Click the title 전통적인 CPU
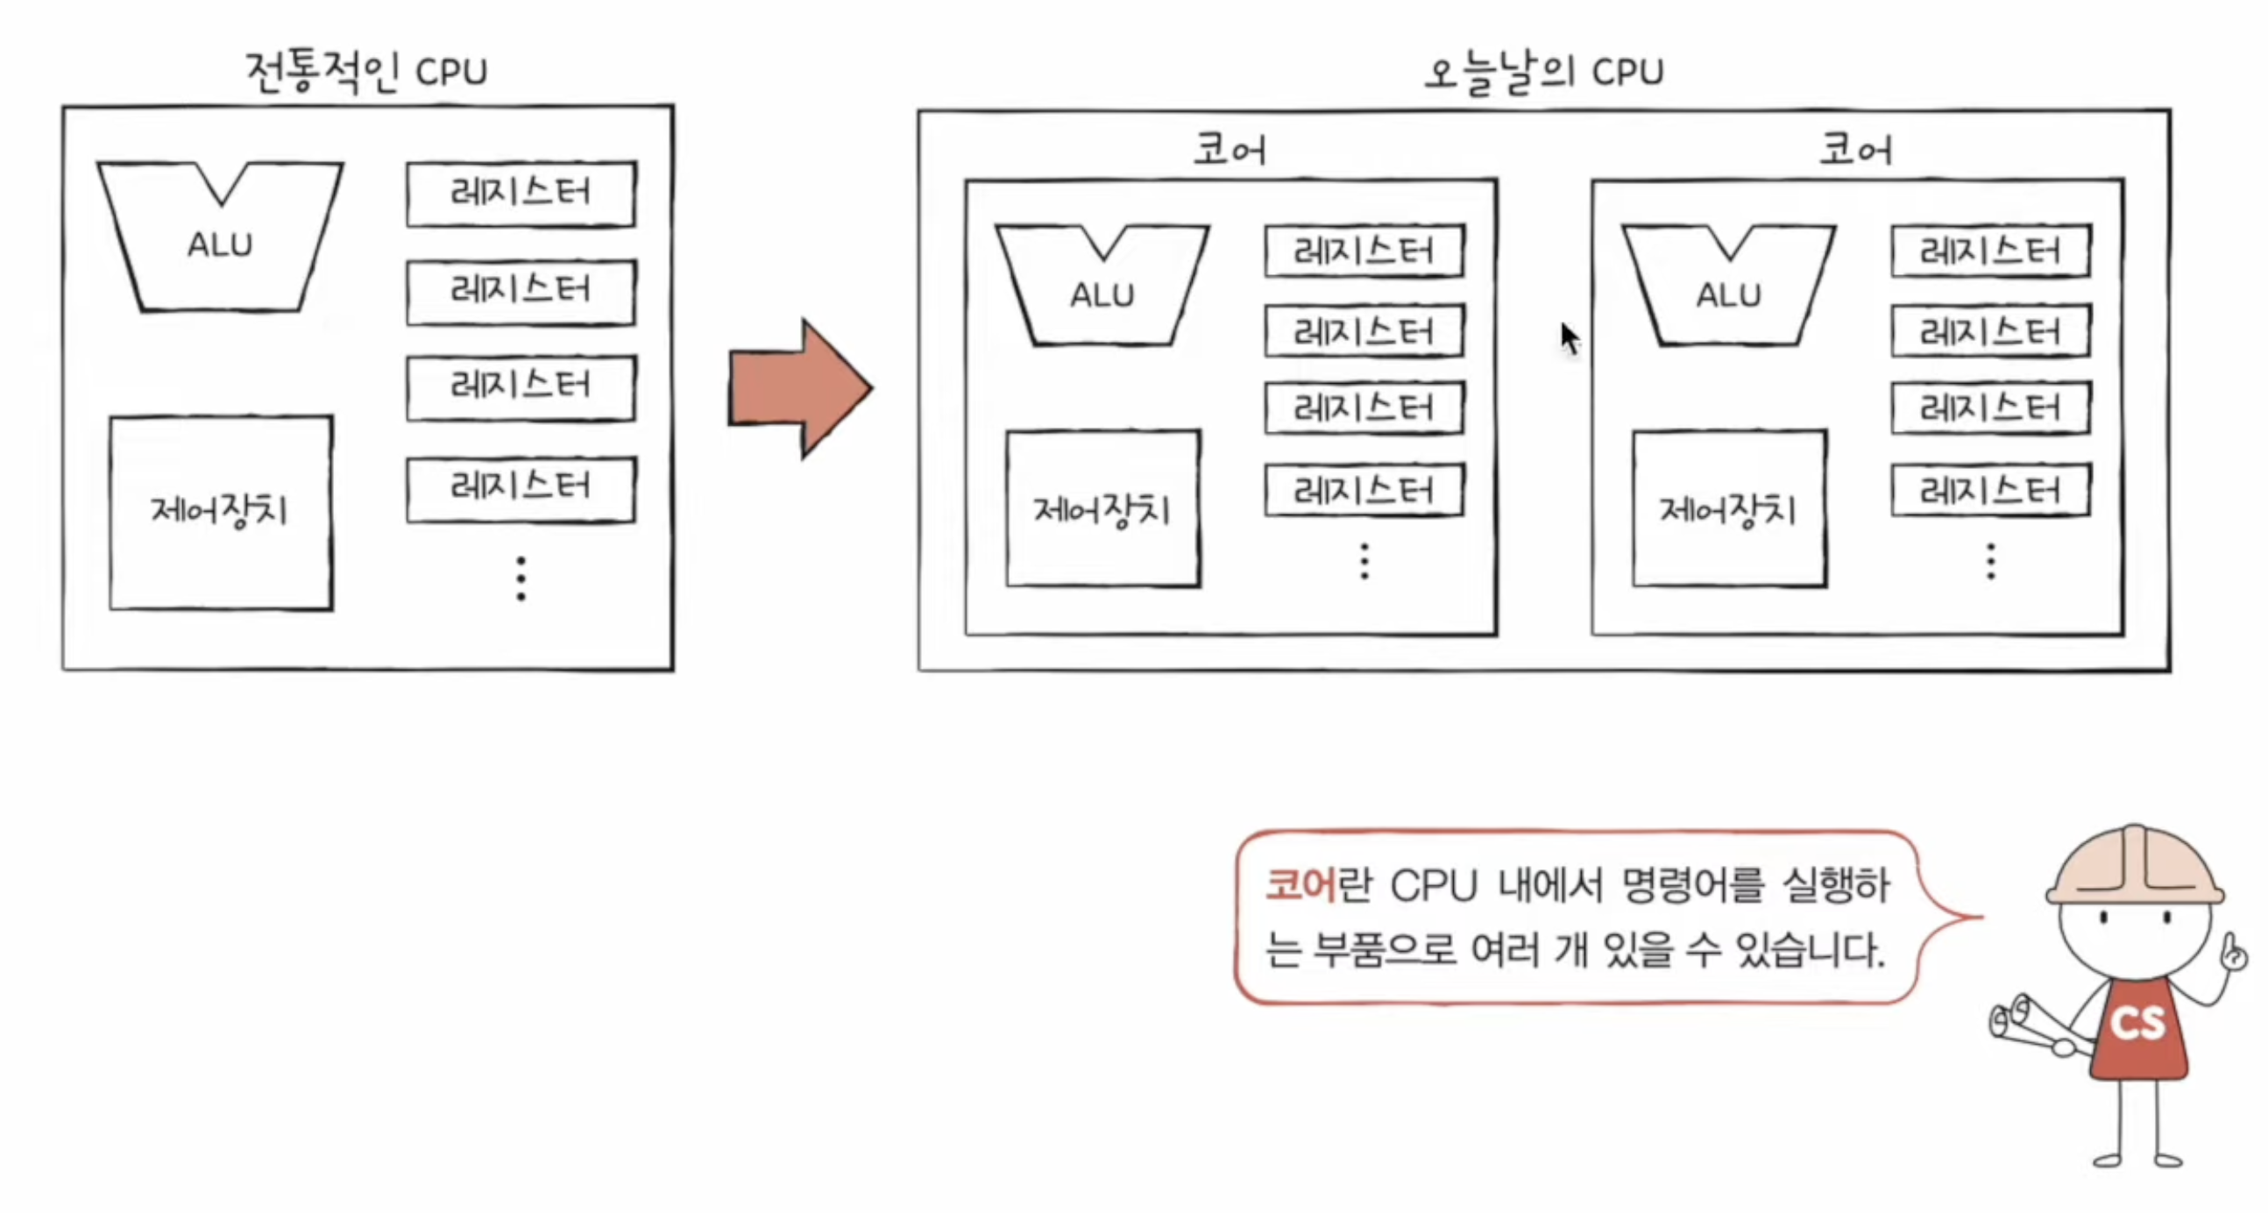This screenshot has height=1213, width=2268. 366,71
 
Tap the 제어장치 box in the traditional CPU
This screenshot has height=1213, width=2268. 221,513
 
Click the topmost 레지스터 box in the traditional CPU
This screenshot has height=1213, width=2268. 521,194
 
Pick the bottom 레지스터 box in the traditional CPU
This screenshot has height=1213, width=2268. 521,489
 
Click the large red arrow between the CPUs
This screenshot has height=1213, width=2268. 799,388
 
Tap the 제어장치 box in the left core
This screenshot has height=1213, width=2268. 1103,509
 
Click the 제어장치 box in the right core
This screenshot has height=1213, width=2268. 1729,509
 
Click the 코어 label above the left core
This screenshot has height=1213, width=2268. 1230,150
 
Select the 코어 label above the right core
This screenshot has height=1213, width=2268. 1856,150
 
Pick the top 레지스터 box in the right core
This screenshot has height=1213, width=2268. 1991,252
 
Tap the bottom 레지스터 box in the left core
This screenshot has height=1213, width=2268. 1364,490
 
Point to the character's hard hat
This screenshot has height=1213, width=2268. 2134,867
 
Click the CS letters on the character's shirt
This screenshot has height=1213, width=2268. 2137,1023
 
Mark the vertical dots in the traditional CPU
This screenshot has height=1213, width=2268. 521,578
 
